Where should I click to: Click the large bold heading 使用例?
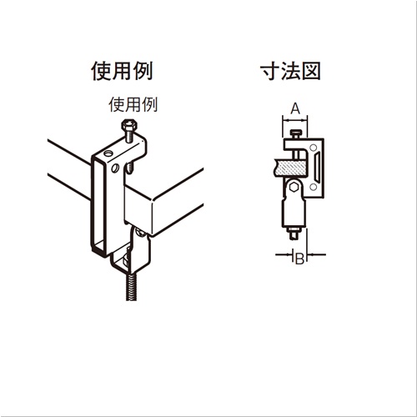tap(122, 72)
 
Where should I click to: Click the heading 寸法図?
tap(290, 71)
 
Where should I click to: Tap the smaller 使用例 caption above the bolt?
tap(133, 104)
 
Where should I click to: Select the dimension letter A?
tap(295, 108)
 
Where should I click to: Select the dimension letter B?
tap(299, 259)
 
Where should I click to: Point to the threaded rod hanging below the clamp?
tap(132, 286)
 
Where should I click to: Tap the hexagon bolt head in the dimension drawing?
tap(294, 187)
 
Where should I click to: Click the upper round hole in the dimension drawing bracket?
tap(314, 148)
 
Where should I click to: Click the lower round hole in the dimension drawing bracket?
tap(314, 187)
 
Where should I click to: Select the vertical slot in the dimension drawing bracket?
tap(318, 167)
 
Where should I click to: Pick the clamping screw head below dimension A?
tap(295, 132)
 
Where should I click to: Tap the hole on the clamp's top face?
tap(108, 153)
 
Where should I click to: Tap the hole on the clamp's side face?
tap(115, 168)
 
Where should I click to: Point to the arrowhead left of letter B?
tap(290, 254)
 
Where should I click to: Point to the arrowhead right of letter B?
tap(310, 254)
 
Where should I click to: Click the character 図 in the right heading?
tap(312, 72)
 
